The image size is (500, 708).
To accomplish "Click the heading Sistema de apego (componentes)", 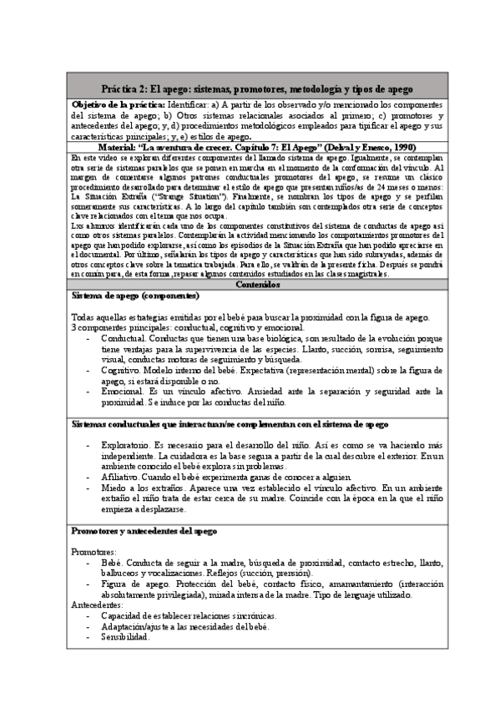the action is (x=135, y=295).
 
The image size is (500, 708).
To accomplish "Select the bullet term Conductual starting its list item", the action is (x=127, y=341).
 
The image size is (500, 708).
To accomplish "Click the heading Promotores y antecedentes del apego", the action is (x=144, y=531).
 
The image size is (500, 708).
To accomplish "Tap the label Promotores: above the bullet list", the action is (x=93, y=553).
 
